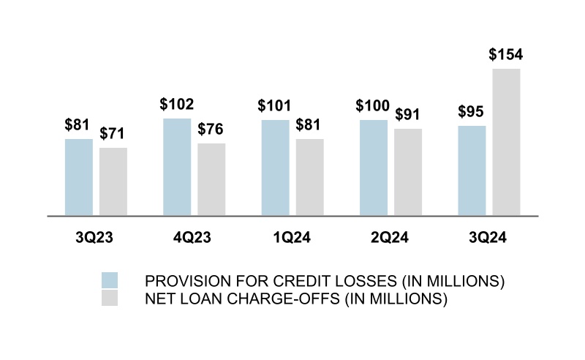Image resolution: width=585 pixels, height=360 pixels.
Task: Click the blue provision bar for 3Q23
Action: pyautogui.click(x=79, y=177)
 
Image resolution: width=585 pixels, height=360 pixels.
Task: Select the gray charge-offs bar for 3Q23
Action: pyautogui.click(x=113, y=181)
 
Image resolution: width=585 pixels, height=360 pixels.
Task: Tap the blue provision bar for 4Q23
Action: pyautogui.click(x=177, y=167)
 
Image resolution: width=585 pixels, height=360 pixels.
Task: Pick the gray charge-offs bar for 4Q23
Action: pyautogui.click(x=211, y=179)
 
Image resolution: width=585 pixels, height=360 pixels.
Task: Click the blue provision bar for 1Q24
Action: pyautogui.click(x=275, y=168)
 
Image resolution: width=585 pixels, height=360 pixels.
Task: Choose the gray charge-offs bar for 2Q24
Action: pyautogui.click(x=407, y=172)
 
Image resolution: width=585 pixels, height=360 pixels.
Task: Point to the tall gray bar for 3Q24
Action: pyautogui.click(x=506, y=142)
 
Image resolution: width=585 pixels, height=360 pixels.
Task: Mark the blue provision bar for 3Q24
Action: pyautogui.click(x=472, y=170)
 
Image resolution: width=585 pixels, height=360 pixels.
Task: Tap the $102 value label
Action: pyautogui.click(x=176, y=105)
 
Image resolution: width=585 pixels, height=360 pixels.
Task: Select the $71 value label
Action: pyautogui.click(x=113, y=134)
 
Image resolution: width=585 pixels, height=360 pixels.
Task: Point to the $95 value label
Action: pyautogui.click(x=472, y=112)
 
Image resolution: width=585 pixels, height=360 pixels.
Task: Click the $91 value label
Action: pyautogui.click(x=407, y=115)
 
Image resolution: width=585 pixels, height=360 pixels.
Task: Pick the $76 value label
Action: pyautogui.click(x=211, y=130)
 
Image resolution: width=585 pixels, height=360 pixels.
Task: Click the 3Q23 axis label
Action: pyautogui.click(x=96, y=238)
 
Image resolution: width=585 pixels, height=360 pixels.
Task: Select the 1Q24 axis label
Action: pyautogui.click(x=292, y=238)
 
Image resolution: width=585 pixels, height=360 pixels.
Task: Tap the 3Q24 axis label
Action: pyautogui.click(x=488, y=238)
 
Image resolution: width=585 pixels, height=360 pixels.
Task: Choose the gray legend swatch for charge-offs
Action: pyautogui.click(x=110, y=299)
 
